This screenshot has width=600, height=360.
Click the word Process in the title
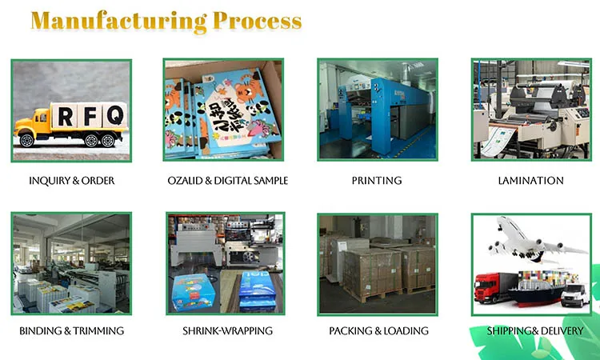[258, 22]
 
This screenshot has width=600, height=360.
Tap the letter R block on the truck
[64, 115]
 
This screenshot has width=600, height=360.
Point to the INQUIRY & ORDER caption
[71, 181]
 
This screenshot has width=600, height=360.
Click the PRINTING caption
[377, 181]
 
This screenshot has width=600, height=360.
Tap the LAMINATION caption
[530, 181]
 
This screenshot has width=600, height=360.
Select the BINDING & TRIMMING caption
[71, 330]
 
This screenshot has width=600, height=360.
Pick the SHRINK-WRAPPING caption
[226, 330]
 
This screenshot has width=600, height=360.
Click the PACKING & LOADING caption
[378, 330]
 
